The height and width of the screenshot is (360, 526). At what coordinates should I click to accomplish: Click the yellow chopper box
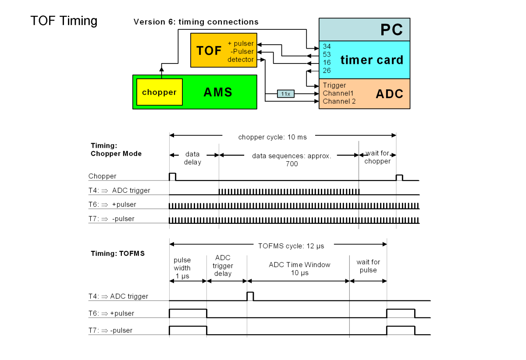(159, 92)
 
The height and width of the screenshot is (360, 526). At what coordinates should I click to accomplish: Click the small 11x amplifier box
(285, 94)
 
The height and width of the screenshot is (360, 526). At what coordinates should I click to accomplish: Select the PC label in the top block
(391, 30)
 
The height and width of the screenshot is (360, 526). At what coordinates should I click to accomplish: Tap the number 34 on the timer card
(327, 46)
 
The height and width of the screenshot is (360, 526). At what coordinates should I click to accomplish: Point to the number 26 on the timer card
(327, 70)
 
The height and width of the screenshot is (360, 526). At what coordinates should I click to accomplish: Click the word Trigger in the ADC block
(334, 85)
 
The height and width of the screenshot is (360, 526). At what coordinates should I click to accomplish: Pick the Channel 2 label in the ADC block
(339, 101)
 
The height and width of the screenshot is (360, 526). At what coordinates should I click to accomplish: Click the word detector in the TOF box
(240, 60)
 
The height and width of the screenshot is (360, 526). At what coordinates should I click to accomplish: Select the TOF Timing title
(64, 21)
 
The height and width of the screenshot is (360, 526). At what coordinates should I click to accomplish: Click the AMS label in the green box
(218, 92)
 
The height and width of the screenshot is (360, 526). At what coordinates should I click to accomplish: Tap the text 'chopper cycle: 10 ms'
(272, 137)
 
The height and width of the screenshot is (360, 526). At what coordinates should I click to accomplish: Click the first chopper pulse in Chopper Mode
(172, 176)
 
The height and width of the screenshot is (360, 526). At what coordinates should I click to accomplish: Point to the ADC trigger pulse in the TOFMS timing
(250, 296)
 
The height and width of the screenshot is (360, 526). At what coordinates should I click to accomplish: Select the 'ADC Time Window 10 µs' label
(300, 268)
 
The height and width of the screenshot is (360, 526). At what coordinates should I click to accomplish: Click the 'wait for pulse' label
(368, 266)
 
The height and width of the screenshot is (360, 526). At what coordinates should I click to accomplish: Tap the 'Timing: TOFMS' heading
(117, 254)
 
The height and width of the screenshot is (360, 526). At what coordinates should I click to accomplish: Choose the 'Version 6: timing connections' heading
(196, 22)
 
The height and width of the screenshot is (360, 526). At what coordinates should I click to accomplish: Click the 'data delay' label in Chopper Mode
(192, 158)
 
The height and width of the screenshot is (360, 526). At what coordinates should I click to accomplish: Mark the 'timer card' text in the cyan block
(372, 60)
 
